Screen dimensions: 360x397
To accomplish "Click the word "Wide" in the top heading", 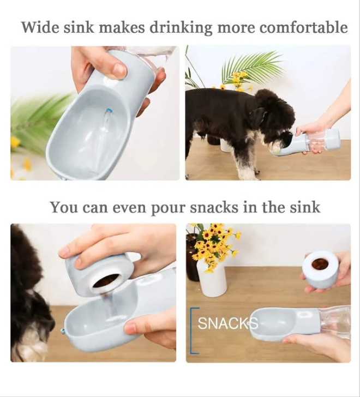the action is click(x=40, y=27).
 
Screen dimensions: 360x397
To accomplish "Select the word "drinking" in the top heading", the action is click(x=181, y=28).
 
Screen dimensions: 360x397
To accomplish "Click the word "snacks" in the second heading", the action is click(x=214, y=207).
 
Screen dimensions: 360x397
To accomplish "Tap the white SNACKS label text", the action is click(x=227, y=323).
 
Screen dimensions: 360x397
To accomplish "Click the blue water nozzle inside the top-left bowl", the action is click(x=109, y=111).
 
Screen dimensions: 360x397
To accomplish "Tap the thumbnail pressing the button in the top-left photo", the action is click(x=119, y=71).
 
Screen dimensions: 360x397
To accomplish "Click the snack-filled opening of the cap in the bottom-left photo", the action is click(x=107, y=280).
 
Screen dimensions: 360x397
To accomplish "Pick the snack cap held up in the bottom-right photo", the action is click(x=321, y=268).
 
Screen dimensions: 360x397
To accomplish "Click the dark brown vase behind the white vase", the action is click(x=193, y=257).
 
